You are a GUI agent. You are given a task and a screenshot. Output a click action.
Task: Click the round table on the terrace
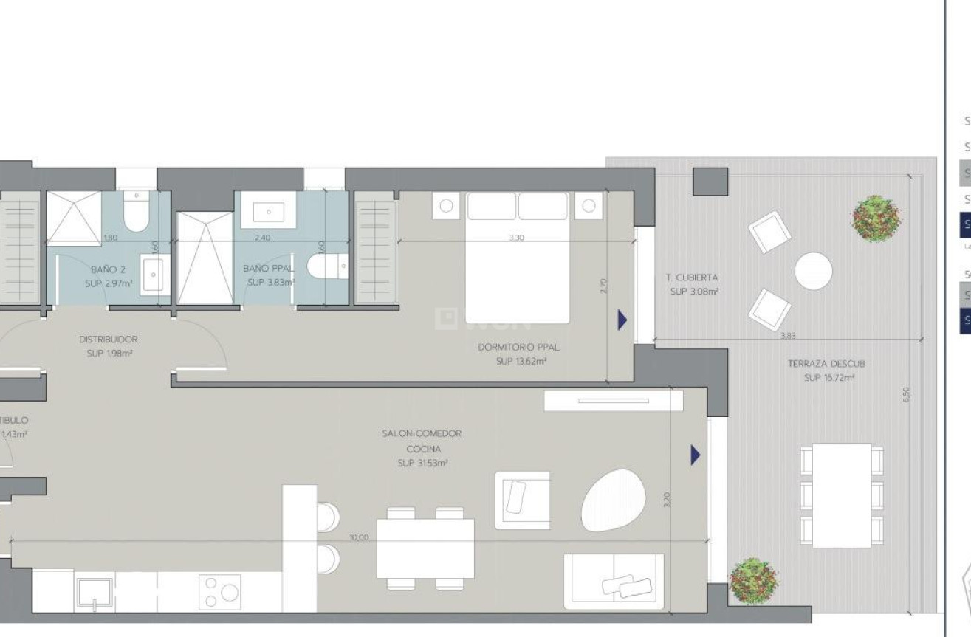pos(814,272)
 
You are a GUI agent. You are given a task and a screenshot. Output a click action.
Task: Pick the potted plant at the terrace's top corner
pos(876,218)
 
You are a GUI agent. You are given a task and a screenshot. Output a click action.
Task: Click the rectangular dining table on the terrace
pos(842,495)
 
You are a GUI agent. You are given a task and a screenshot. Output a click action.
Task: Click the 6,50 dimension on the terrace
pos(907,395)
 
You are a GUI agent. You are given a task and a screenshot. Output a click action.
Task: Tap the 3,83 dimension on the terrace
pos(788,336)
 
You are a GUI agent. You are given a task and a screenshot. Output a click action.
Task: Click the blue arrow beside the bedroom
pos(622,320)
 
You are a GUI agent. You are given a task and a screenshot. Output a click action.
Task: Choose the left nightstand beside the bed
pos(446,206)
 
